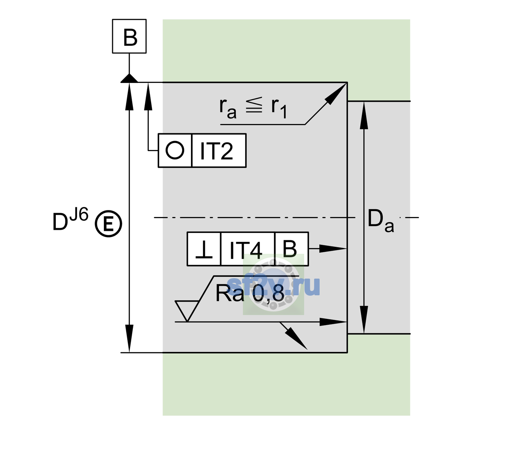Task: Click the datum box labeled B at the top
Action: pos(129,36)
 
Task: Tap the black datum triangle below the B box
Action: pos(129,79)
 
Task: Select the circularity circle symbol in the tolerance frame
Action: pos(175,150)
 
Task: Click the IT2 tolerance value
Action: pos(216,151)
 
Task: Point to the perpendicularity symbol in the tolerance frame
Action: pos(204,250)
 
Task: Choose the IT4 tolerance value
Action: pos(246,250)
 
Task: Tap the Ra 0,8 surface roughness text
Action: pos(250,293)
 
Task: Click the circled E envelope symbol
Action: pos(108,224)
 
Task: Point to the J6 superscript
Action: pos(79,214)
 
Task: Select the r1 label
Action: pos(279,108)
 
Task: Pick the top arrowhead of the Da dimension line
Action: pos(364,115)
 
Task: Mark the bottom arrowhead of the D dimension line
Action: pos(129,338)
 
